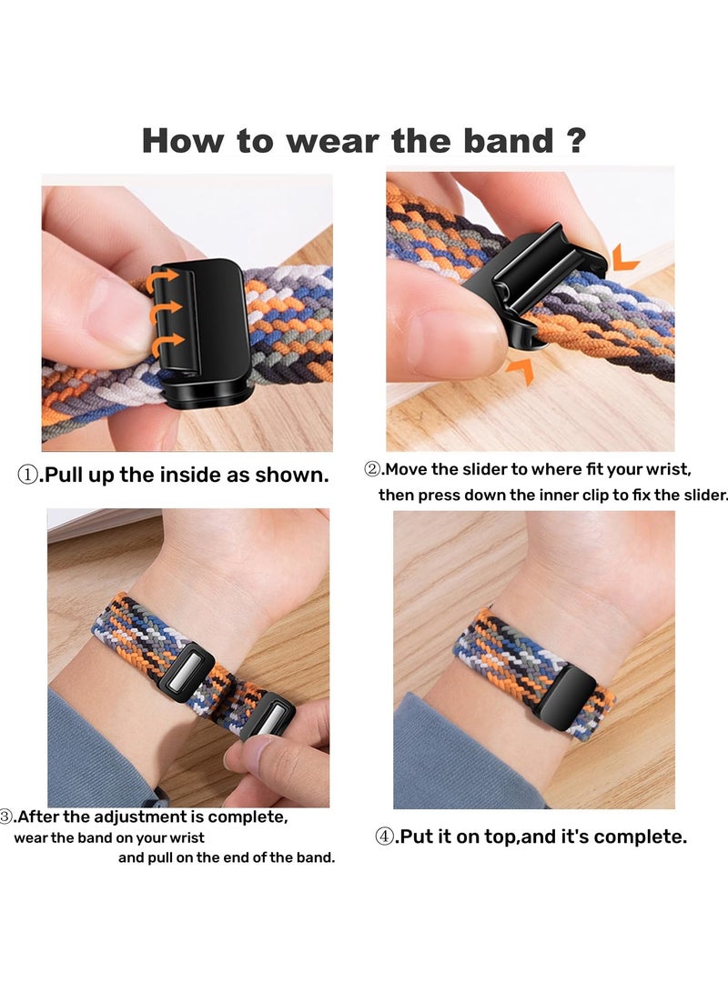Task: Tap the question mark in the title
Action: point(575,141)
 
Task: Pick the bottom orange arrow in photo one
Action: point(169,342)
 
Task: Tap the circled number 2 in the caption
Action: point(371,470)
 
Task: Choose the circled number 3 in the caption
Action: point(7,817)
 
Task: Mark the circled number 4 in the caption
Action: point(384,837)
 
